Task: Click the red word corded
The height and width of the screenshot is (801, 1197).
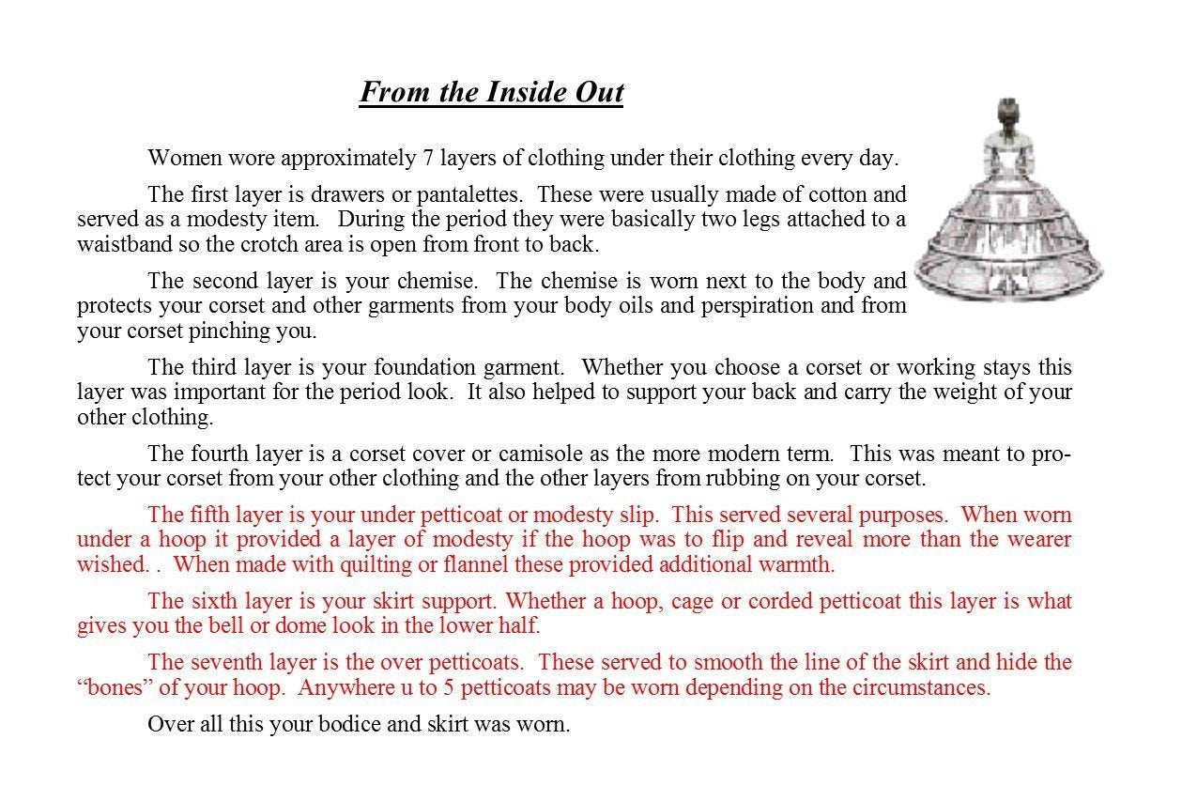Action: pos(766,600)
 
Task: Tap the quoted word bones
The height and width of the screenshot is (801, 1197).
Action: pos(115,687)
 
